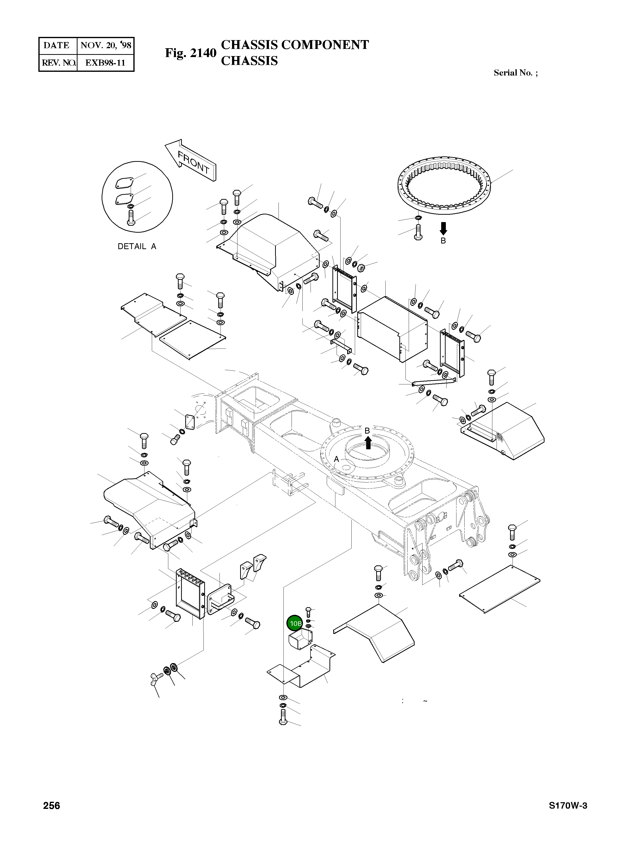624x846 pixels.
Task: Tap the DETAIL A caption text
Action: [x=137, y=246]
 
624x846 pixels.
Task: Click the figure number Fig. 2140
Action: [x=190, y=53]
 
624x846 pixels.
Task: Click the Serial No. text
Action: [x=515, y=73]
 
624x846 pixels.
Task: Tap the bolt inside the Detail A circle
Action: [x=131, y=217]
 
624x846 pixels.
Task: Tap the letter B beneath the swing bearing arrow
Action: [x=443, y=241]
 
